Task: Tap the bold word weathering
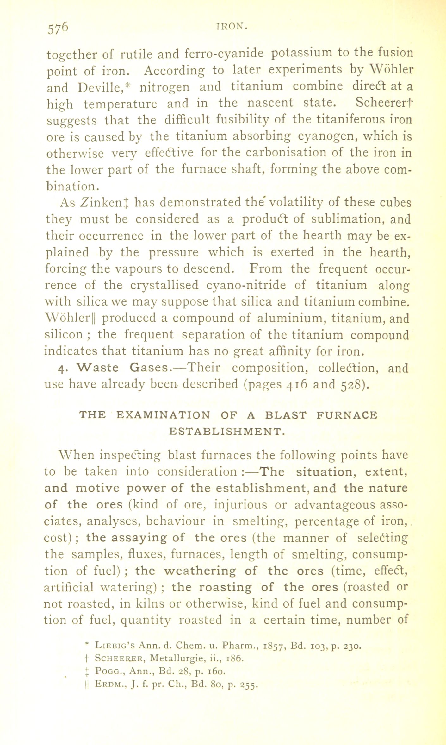pyautogui.click(x=200, y=571)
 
